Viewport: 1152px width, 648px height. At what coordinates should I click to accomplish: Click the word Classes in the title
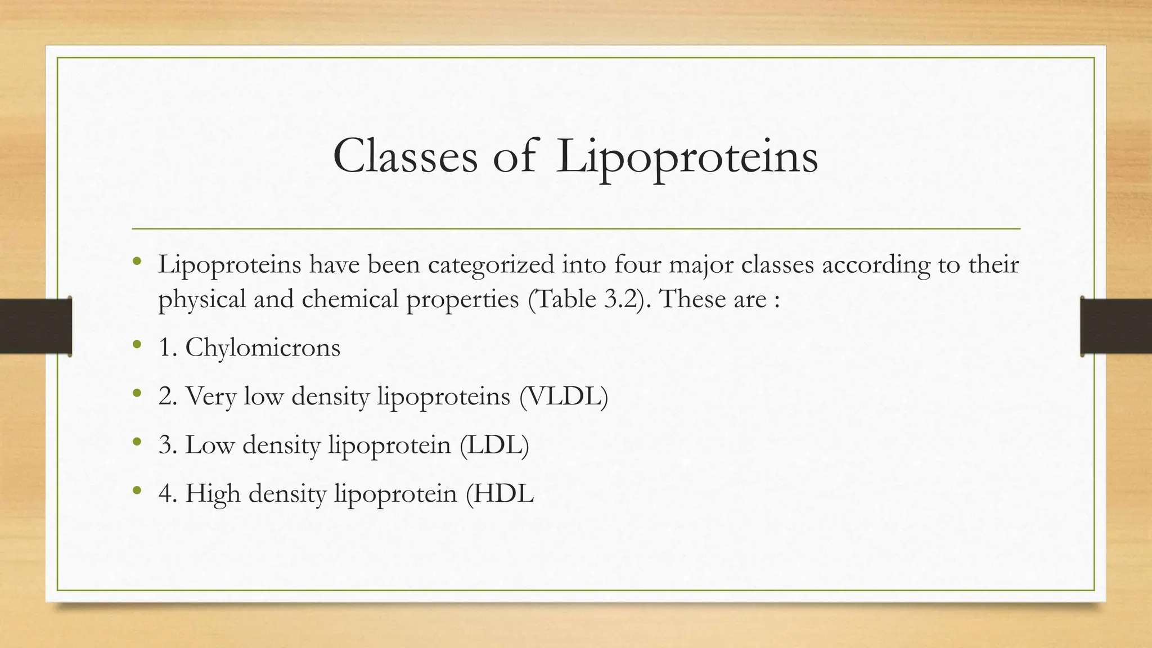coord(405,156)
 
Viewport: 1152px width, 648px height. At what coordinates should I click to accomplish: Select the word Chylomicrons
coord(263,348)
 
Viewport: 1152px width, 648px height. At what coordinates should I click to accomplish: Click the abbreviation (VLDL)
coord(564,396)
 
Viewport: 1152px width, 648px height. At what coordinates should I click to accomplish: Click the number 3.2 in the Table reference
coord(621,299)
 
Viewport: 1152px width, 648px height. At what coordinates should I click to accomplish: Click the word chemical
coord(350,299)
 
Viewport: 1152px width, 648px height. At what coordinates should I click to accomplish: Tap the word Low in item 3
coord(210,445)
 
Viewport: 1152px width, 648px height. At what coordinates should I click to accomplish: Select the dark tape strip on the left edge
coord(35,326)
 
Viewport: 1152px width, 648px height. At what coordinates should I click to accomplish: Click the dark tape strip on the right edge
coord(1116,326)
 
